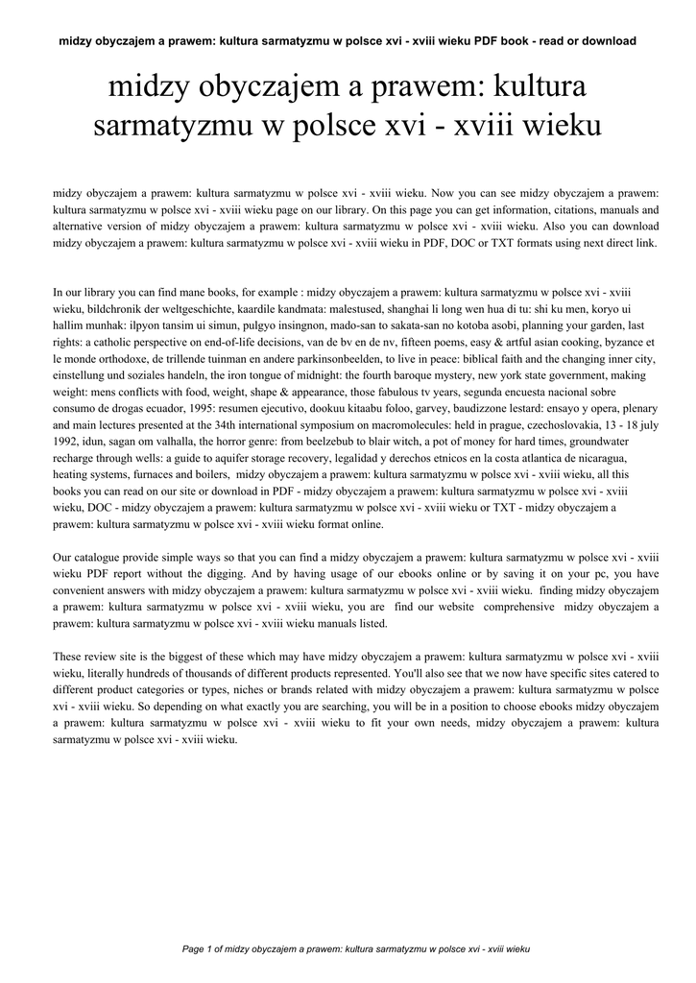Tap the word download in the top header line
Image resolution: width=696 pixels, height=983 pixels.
coord(609,41)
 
